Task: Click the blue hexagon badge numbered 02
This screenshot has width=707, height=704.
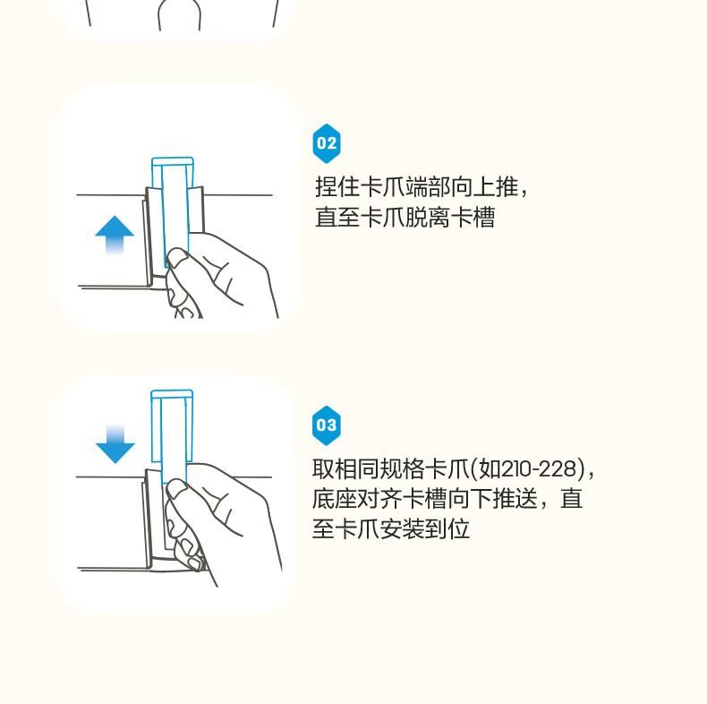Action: (x=327, y=143)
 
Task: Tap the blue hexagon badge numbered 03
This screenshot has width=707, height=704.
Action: (x=327, y=425)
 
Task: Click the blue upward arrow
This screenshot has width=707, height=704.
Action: (x=115, y=235)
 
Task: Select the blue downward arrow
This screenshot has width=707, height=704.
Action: (x=115, y=444)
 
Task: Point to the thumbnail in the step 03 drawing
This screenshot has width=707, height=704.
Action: (x=176, y=489)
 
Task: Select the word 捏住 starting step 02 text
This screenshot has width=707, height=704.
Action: (x=336, y=187)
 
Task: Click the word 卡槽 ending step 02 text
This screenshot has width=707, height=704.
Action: (x=473, y=217)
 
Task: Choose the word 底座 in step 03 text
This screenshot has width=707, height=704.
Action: (x=334, y=499)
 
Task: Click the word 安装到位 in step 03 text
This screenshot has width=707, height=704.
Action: (x=425, y=529)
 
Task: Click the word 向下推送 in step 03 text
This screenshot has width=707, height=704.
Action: (x=492, y=499)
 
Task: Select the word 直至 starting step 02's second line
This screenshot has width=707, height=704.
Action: (x=336, y=217)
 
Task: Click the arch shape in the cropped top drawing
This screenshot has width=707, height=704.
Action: (x=180, y=13)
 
